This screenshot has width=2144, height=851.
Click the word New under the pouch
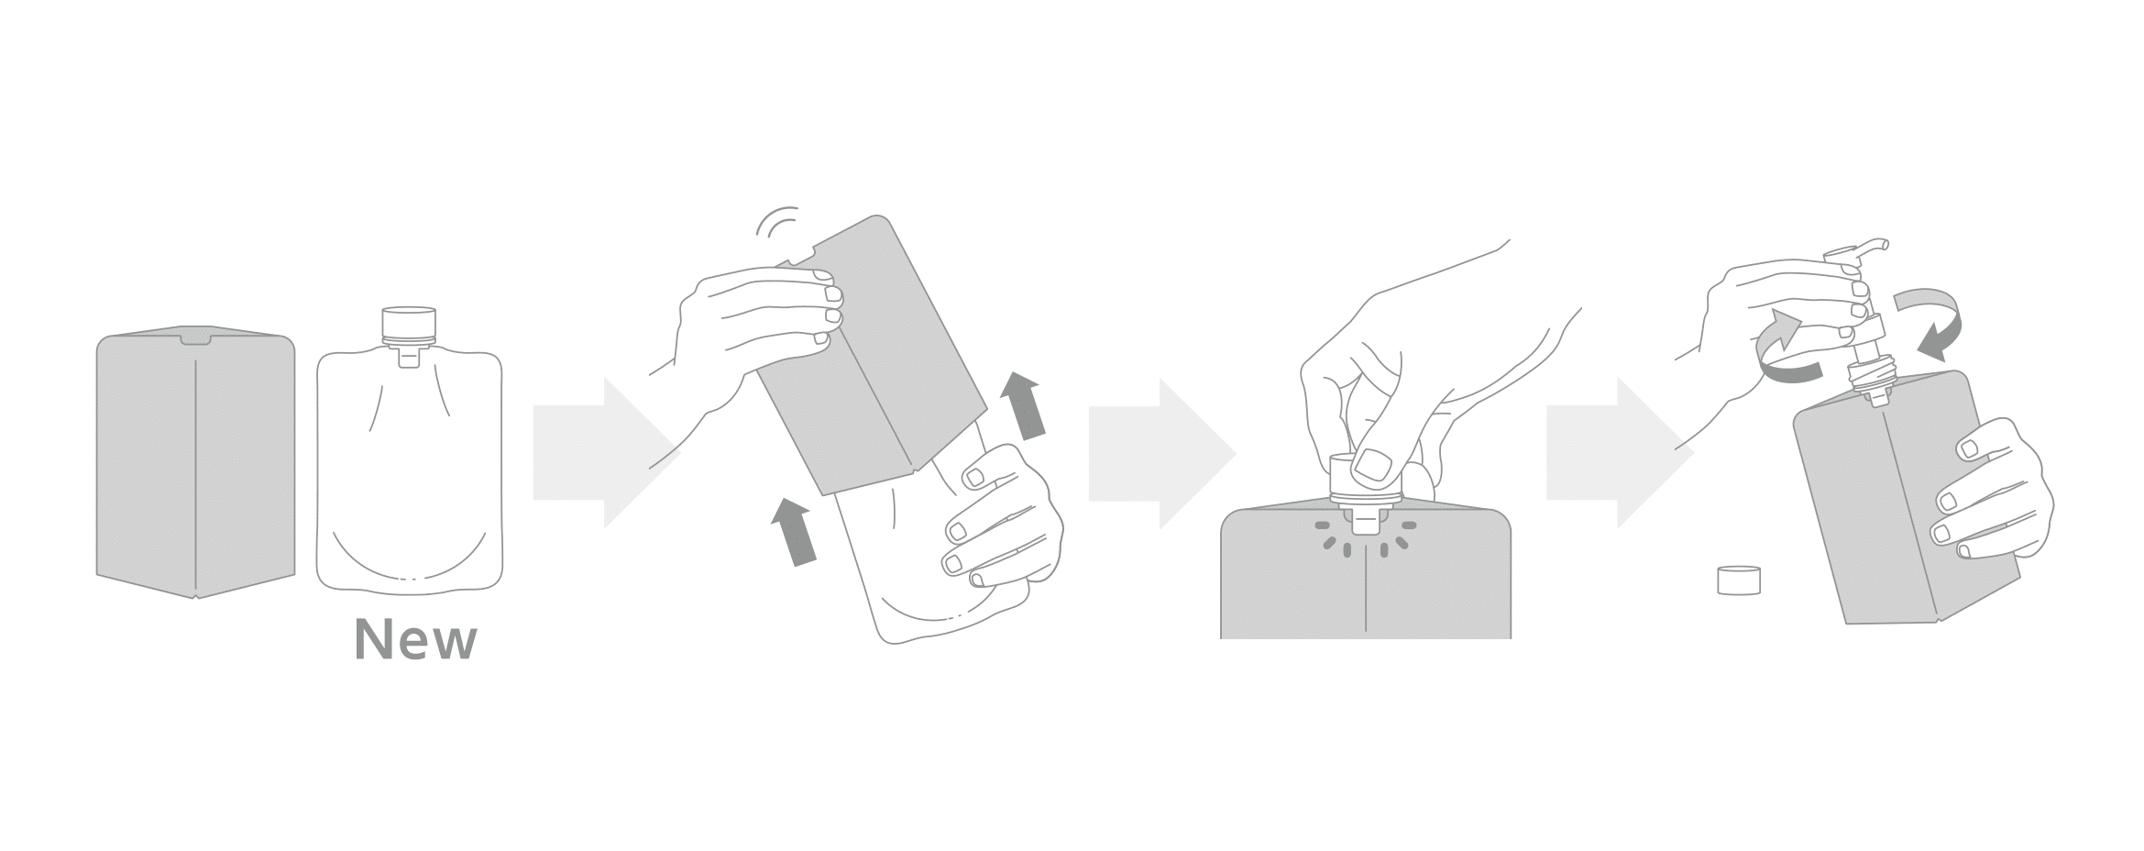point(415,640)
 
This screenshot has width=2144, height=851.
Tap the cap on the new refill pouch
point(408,324)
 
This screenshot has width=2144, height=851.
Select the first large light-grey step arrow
point(605,453)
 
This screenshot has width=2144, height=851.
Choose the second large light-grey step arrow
point(1161,453)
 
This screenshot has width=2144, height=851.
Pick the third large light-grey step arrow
point(1619,453)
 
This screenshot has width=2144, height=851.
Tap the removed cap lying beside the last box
point(1740,580)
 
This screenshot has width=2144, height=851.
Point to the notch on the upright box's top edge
point(195,341)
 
